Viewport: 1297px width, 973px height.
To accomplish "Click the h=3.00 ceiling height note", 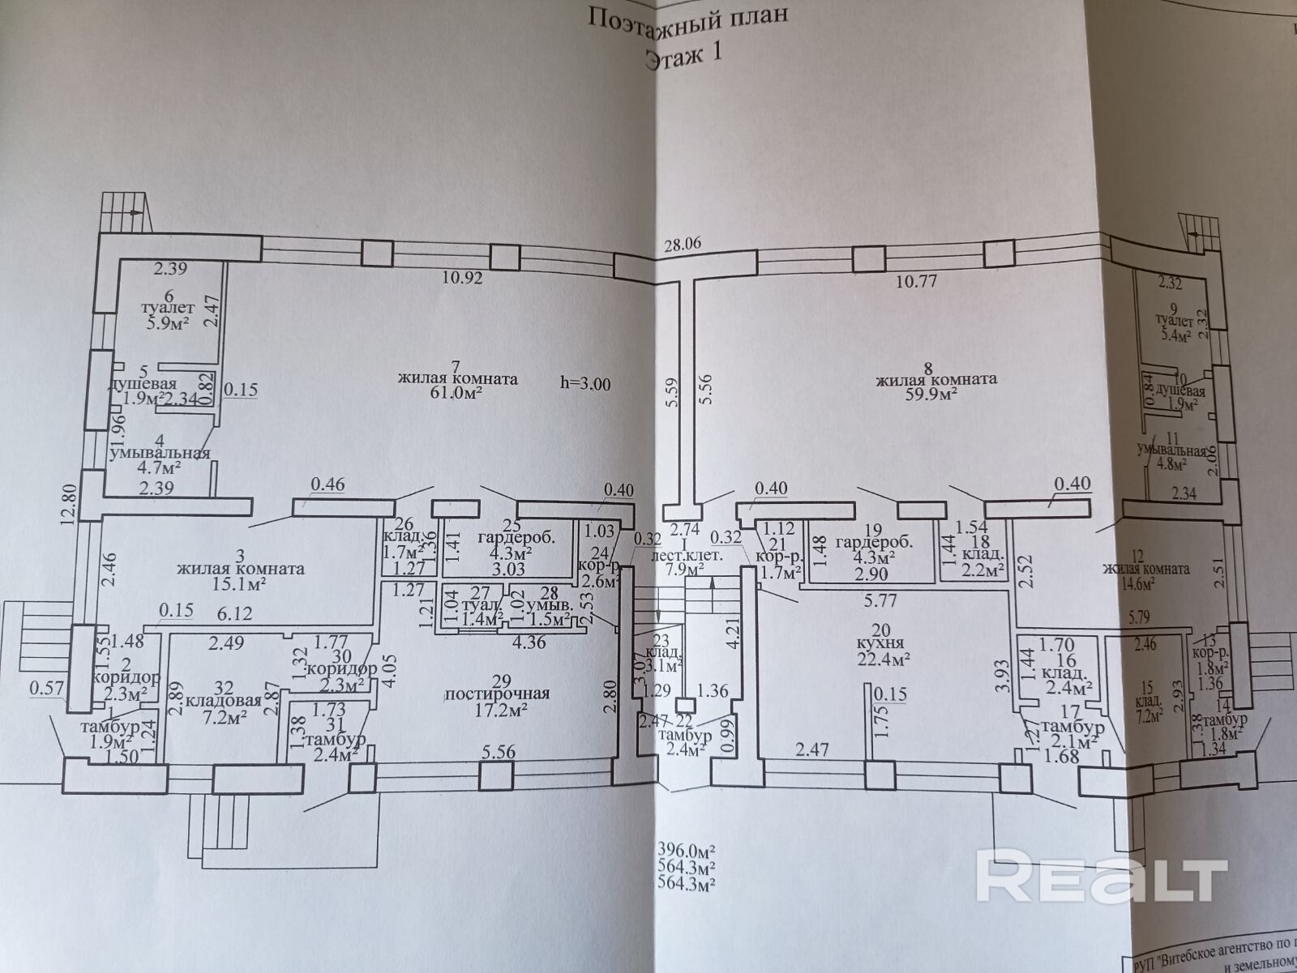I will click(x=585, y=383).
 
